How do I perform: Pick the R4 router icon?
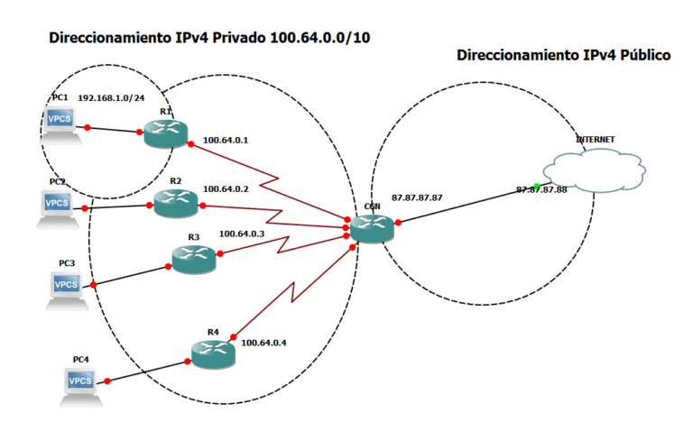[214, 354]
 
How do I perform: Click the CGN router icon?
[373, 229]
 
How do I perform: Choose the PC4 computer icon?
[81, 383]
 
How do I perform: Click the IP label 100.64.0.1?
[226, 140]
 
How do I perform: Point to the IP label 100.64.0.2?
[226, 189]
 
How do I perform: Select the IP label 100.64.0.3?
[242, 234]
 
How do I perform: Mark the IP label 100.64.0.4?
[263, 342]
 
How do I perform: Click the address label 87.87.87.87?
[417, 197]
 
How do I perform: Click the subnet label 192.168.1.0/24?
[112, 96]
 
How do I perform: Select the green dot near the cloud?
[537, 186]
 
